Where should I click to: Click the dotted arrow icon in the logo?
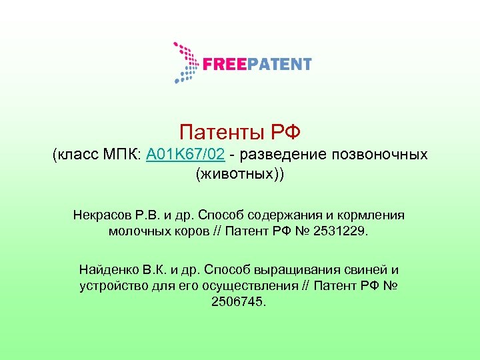(x=185, y=63)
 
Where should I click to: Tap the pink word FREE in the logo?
(x=223, y=65)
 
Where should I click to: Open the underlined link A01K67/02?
(x=185, y=155)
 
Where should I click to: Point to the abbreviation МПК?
(x=118, y=155)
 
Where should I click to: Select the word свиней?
(x=365, y=270)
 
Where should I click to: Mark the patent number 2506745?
(x=238, y=302)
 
